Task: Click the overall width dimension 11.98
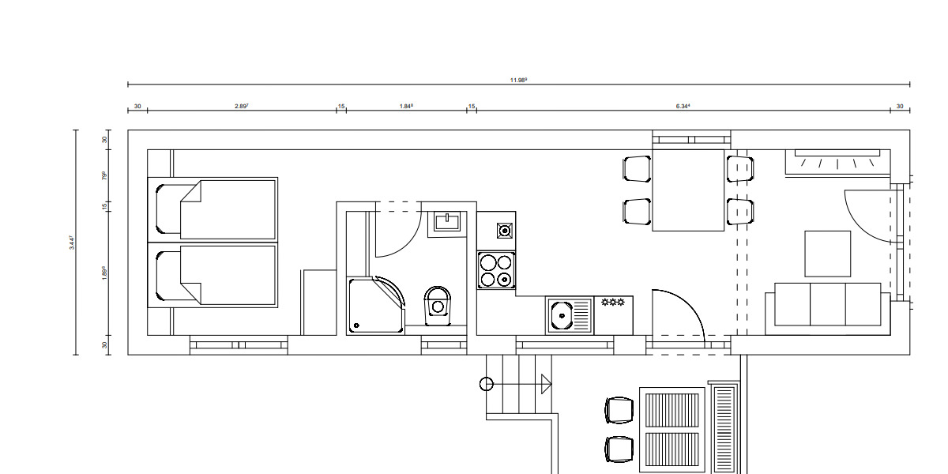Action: click(518, 80)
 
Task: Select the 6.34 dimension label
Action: click(683, 106)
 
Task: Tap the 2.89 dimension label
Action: click(241, 106)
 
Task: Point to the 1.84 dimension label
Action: click(406, 106)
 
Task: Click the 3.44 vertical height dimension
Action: click(71, 242)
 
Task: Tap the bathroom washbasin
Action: click(448, 222)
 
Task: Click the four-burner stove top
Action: click(496, 269)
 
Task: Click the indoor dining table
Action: click(688, 190)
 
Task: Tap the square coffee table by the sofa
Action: click(827, 254)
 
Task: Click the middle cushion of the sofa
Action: click(828, 303)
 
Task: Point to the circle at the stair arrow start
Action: click(486, 385)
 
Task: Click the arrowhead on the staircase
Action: click(545, 385)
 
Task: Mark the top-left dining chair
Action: click(637, 168)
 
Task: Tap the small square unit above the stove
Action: click(503, 231)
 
